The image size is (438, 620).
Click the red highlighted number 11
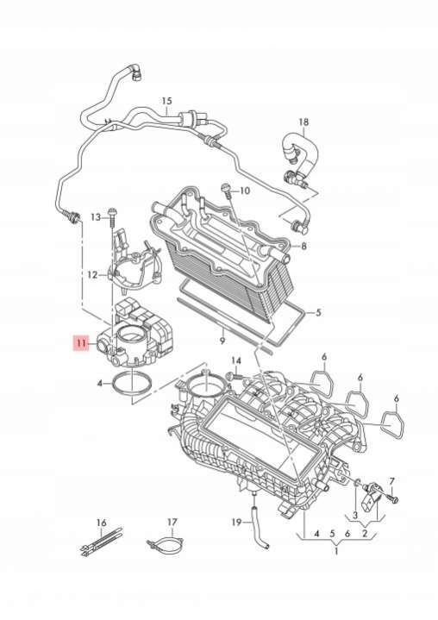(81, 343)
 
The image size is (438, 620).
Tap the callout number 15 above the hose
(166, 101)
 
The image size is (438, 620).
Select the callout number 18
(303, 122)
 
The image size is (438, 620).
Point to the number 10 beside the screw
(245, 191)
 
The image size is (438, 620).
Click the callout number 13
(96, 217)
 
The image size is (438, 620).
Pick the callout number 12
(92, 274)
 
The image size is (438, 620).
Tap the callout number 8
(303, 246)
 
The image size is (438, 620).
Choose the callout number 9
(222, 340)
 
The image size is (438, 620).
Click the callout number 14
(235, 360)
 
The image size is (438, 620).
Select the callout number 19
(236, 523)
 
